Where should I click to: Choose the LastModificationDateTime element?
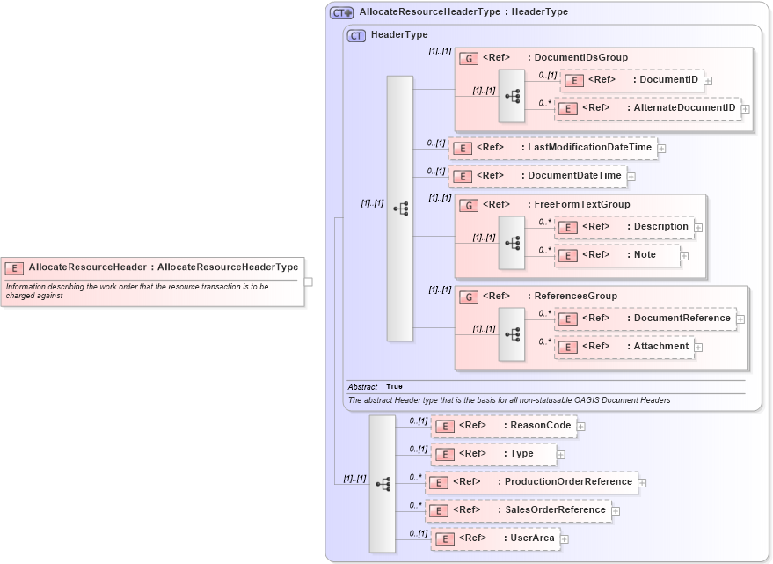click(x=552, y=148)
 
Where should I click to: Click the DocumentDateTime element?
click(x=537, y=176)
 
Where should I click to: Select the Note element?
click(x=617, y=255)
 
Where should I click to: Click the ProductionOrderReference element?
click(x=531, y=482)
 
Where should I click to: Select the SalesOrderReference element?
click(x=518, y=510)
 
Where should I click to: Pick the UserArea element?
click(x=494, y=538)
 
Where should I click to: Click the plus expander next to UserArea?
click(x=565, y=539)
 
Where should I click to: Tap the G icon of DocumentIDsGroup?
click(x=470, y=58)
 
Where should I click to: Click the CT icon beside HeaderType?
click(x=356, y=35)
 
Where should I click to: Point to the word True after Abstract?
click(x=394, y=387)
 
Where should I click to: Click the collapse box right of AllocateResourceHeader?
click(x=309, y=282)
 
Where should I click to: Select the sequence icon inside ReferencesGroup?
click(x=512, y=333)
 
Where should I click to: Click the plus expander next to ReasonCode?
click(x=581, y=427)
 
